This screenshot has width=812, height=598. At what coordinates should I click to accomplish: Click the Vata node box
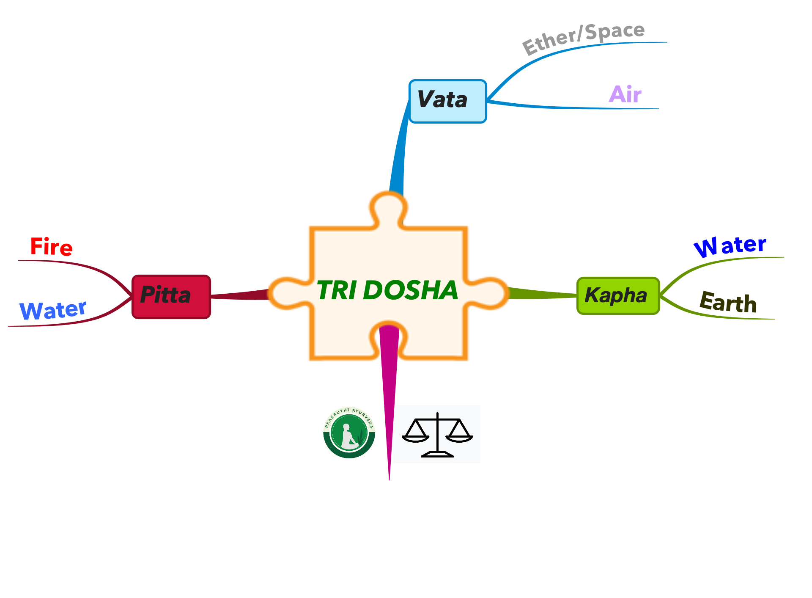(x=448, y=101)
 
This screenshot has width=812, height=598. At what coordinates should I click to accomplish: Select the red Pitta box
(x=171, y=297)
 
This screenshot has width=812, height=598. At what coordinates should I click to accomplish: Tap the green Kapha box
(x=618, y=296)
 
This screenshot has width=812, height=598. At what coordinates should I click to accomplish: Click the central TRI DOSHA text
(x=387, y=290)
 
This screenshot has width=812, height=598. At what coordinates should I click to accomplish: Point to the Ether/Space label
(x=584, y=38)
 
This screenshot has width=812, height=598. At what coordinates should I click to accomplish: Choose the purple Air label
(x=625, y=94)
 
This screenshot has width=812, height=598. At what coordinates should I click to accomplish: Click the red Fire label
(x=52, y=247)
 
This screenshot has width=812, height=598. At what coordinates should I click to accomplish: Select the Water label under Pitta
(x=53, y=310)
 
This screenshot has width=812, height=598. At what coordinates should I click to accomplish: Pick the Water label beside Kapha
(x=730, y=246)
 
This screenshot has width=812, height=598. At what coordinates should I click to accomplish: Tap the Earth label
(x=728, y=302)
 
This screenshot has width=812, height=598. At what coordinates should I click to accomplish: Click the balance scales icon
(x=437, y=435)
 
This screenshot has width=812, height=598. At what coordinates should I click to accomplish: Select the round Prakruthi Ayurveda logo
(x=349, y=433)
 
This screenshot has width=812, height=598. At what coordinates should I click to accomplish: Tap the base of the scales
(x=437, y=455)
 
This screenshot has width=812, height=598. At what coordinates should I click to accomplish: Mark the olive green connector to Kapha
(x=542, y=293)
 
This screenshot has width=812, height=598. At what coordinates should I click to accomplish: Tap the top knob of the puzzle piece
(x=388, y=207)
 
